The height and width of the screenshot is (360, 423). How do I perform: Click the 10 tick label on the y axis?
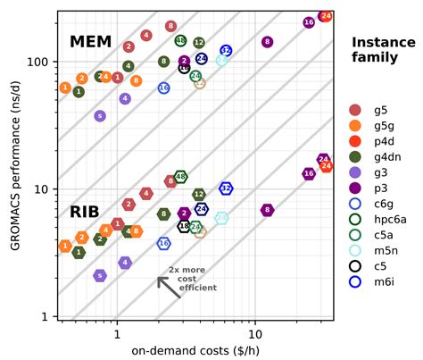[43, 189]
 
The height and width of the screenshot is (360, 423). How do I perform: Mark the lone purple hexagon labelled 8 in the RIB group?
[267, 210]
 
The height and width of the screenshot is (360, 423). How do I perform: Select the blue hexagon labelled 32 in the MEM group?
[226, 51]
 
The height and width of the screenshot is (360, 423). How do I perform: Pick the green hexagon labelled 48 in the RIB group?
[180, 177]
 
